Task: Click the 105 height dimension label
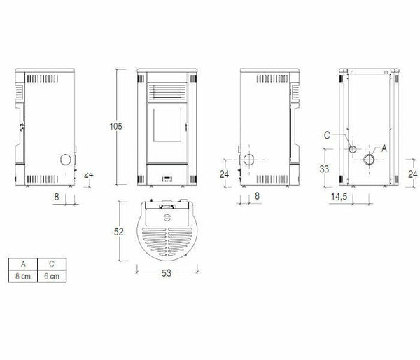115,126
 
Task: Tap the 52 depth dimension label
119,232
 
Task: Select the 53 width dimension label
167,273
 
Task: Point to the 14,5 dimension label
339,197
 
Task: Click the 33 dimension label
324,169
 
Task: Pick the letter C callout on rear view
327,135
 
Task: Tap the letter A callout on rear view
384,148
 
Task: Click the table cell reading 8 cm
23,276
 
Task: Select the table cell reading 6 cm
52,276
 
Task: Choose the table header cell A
23,264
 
